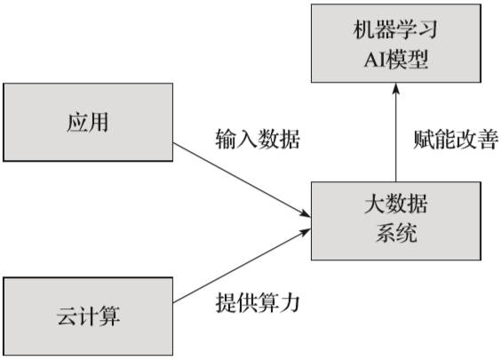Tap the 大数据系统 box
396,220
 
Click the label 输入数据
258,140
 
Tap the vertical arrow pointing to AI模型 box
396,133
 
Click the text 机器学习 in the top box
396,28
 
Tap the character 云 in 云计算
66,316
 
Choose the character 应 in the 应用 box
76,123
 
